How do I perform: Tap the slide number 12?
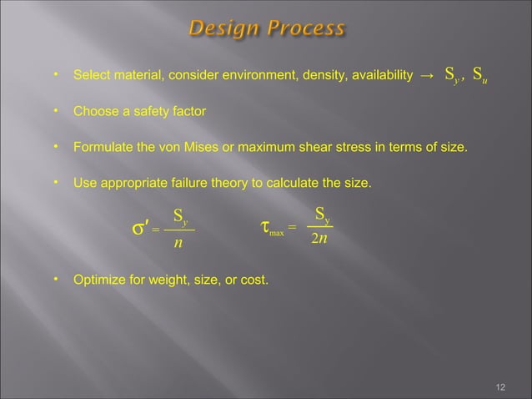(x=500, y=386)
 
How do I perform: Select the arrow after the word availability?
(x=426, y=78)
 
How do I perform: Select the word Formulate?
(x=102, y=148)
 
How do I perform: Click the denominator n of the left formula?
(x=178, y=244)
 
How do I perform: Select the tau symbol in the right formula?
(x=265, y=226)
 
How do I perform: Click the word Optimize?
(x=99, y=280)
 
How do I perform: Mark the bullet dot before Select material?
(x=56, y=77)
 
